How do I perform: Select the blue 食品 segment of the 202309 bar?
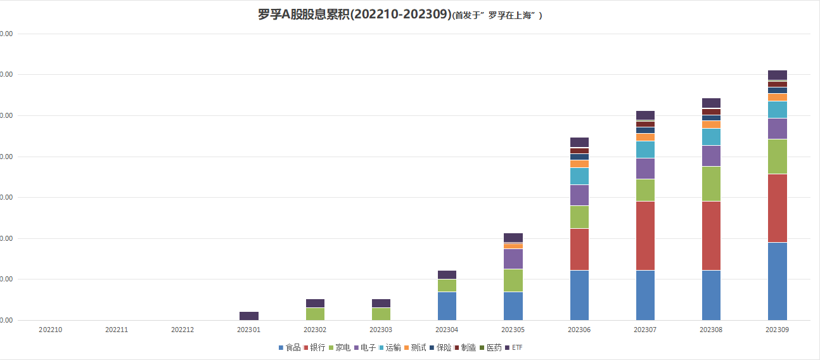point(777,281)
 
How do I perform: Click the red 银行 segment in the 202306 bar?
point(579,249)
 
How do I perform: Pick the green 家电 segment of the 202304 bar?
point(447,285)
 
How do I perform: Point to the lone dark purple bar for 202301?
point(248,316)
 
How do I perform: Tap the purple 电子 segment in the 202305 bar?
point(513,259)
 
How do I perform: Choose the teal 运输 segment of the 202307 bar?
point(645,150)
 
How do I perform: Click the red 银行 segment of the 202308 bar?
point(711,236)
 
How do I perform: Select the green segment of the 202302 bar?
point(315,314)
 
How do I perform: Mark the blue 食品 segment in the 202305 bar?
point(513,305)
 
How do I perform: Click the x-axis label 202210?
point(50,330)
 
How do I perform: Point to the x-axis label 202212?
point(183,330)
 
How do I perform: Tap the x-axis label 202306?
point(579,330)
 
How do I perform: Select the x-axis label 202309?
point(777,330)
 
